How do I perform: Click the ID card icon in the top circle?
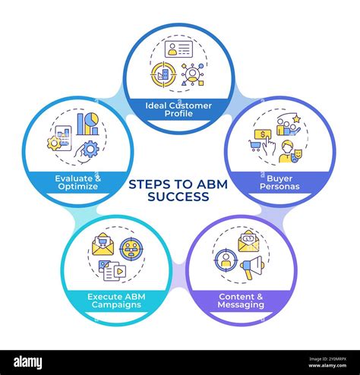pyautogui.click(x=181, y=50)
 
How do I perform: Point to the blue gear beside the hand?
pyautogui.click(x=90, y=149)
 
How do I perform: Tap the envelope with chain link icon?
pyautogui.click(x=248, y=242)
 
